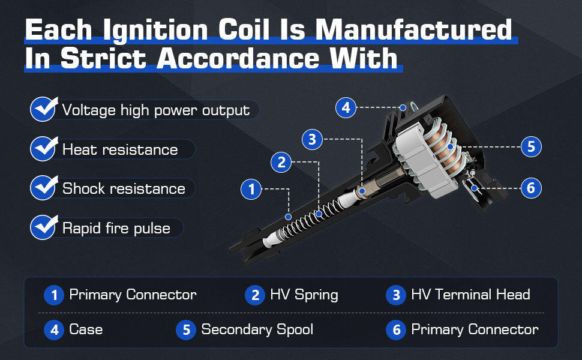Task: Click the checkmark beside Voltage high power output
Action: pyautogui.click(x=44, y=109)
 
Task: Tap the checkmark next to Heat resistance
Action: pyautogui.click(x=44, y=148)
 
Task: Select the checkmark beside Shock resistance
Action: pyautogui.click(x=44, y=187)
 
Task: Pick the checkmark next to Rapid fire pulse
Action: pyautogui.click(x=44, y=227)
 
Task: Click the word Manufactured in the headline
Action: pyautogui.click(x=413, y=29)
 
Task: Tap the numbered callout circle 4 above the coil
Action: pyautogui.click(x=346, y=107)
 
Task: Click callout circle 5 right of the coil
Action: pyautogui.click(x=531, y=146)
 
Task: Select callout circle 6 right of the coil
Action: pyautogui.click(x=531, y=188)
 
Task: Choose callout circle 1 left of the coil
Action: pyautogui.click(x=251, y=189)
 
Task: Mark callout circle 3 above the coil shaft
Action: pyautogui.click(x=312, y=139)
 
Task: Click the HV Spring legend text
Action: pyautogui.click(x=304, y=295)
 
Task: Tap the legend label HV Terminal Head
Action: pyautogui.click(x=470, y=295)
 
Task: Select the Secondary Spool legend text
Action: pyautogui.click(x=257, y=329)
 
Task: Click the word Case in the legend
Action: pyautogui.click(x=86, y=329)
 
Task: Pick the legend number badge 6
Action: pyautogui.click(x=396, y=330)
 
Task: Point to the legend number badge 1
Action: pyautogui.click(x=54, y=295)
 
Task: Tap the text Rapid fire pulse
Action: pyautogui.click(x=116, y=228)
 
